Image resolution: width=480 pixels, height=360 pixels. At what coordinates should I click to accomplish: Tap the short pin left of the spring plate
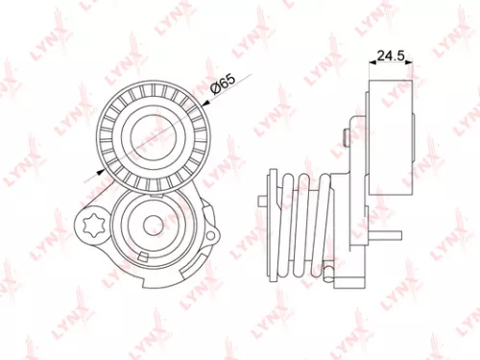(261, 199)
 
